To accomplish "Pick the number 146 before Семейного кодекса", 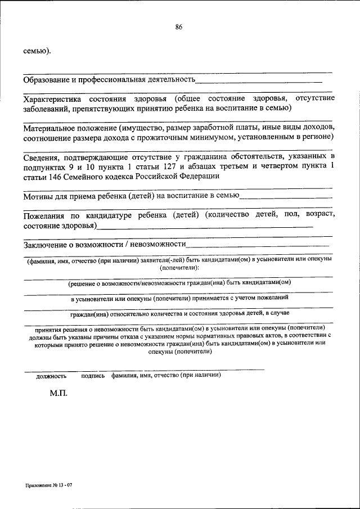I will [x=58, y=176].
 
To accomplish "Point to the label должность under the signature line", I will [x=51, y=375].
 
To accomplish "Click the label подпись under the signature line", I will [x=93, y=375].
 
